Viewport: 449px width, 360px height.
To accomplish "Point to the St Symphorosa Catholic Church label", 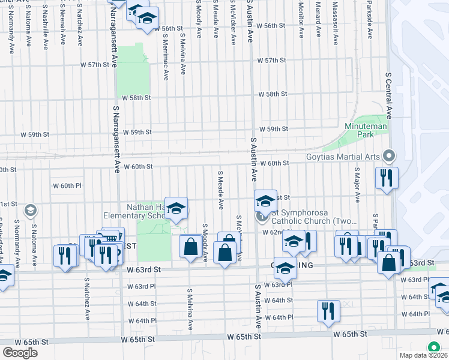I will coord(312,216).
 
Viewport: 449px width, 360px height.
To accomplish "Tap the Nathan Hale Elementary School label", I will coord(129,211).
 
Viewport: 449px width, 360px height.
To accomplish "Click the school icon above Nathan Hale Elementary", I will coord(176,208).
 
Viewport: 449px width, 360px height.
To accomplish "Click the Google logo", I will coord(20,352).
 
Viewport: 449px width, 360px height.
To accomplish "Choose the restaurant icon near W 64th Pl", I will coord(328,311).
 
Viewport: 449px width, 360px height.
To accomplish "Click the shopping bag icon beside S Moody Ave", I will coord(191,246).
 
